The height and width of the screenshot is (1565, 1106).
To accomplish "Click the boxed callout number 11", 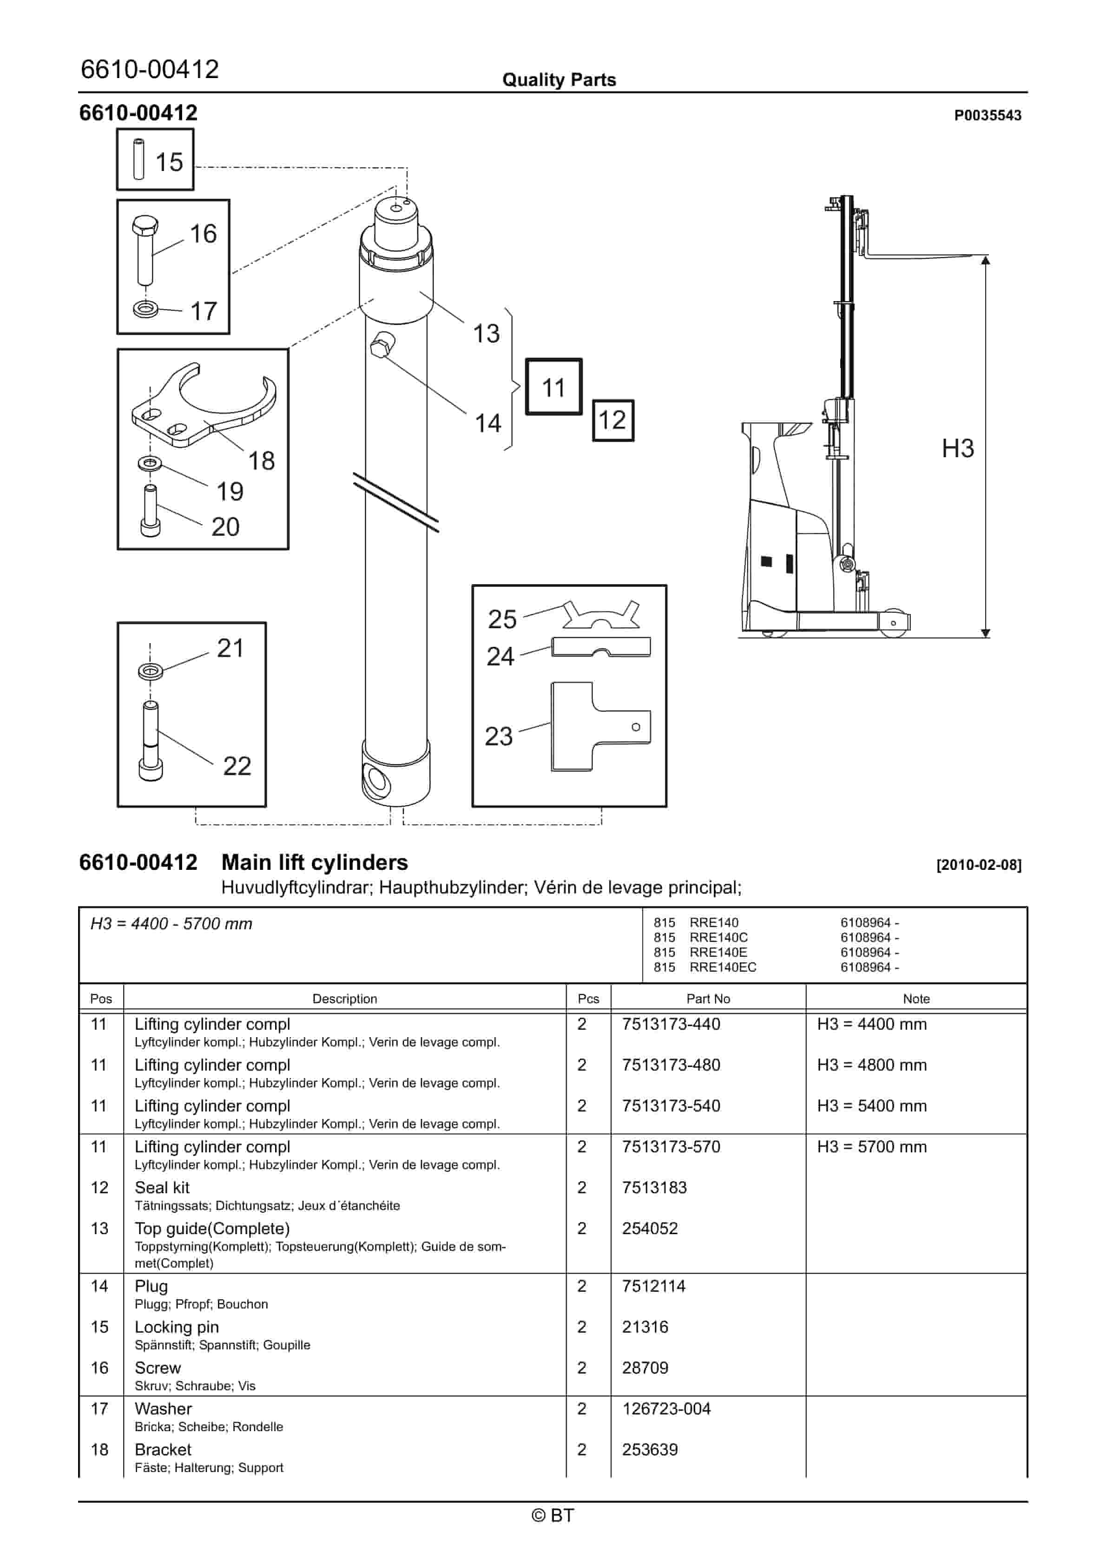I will point(553,387).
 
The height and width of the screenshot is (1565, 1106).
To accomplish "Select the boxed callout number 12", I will point(612,420).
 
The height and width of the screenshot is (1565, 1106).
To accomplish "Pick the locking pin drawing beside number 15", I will point(139,159).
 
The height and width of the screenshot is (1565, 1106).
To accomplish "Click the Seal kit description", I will point(162,1187).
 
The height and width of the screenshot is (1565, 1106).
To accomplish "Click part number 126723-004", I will point(666,1408).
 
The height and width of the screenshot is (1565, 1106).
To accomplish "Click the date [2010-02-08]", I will point(979,865).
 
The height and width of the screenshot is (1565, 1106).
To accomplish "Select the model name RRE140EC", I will point(723,967).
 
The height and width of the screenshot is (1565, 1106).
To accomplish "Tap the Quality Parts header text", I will point(559,80).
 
